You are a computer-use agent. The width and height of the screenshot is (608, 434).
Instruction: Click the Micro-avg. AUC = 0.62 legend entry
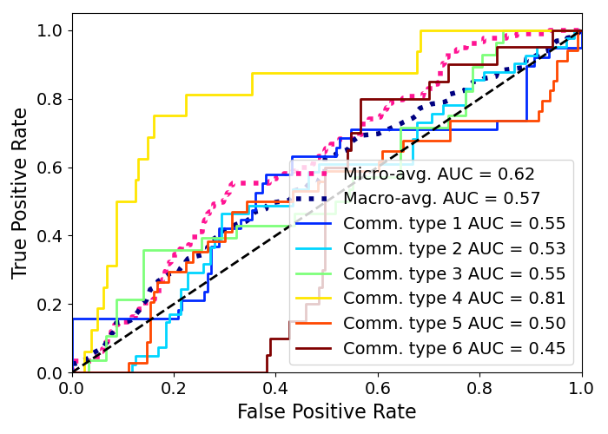click(439, 174)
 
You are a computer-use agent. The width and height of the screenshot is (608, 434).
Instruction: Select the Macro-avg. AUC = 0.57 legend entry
click(441, 199)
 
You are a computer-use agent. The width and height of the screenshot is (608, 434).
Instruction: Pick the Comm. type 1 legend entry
click(454, 224)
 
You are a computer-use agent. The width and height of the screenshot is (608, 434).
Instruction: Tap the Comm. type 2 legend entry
click(454, 249)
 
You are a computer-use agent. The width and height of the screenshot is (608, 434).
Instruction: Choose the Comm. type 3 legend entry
click(454, 274)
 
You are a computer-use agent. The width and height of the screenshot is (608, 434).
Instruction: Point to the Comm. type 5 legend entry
click(454, 324)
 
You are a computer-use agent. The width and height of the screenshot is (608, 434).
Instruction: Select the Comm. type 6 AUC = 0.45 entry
click(454, 349)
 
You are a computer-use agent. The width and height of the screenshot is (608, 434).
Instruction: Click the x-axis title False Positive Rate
click(327, 411)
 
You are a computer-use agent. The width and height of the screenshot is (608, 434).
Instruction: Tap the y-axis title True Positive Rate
click(21, 193)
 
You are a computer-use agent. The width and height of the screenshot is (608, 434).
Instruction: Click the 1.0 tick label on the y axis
click(50, 30)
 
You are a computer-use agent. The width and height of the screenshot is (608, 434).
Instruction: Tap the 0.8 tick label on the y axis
click(50, 99)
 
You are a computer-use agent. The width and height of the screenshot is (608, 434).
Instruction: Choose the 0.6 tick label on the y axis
click(50, 168)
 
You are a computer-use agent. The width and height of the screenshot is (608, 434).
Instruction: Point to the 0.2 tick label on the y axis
click(50, 305)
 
